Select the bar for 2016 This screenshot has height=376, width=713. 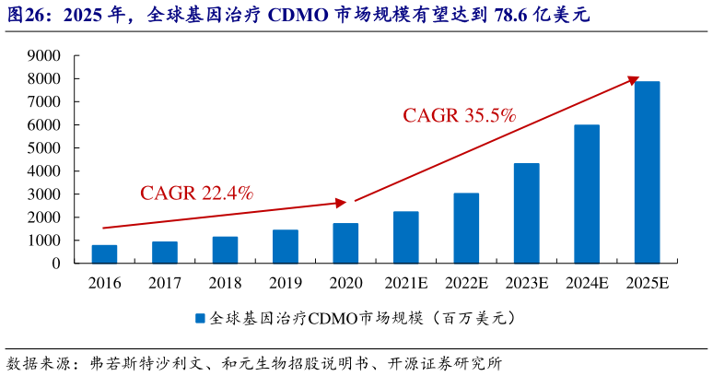[104, 253]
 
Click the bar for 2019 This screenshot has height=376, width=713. [286, 246]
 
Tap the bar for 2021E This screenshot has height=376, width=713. [406, 237]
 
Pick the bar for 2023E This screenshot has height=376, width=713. [527, 213]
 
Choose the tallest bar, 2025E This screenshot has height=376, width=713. [647, 172]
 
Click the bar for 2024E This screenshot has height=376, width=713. [587, 194]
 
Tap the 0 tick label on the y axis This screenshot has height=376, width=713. [56, 264]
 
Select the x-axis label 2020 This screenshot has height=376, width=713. [345, 283]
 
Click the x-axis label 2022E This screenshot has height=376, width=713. [466, 283]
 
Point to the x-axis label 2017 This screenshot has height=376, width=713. [165, 283]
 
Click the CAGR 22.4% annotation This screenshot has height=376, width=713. [196, 194]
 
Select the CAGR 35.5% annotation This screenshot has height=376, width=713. [459, 115]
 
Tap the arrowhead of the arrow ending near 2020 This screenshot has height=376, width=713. [341, 202]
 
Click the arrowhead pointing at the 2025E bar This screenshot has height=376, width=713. [633, 80]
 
